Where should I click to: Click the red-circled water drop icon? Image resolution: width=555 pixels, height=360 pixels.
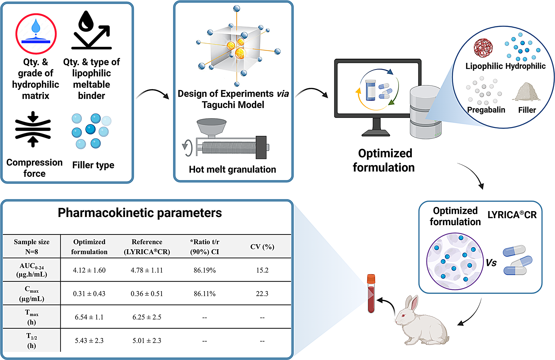point(36,34)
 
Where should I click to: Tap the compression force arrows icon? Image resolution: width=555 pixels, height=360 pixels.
point(33,129)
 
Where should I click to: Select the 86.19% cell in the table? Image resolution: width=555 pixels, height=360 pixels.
point(204,270)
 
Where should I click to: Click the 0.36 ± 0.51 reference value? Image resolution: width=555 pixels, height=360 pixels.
point(147,294)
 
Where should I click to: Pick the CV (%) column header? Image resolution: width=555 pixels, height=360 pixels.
point(262,247)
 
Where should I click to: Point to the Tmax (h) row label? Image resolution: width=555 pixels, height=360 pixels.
point(32,317)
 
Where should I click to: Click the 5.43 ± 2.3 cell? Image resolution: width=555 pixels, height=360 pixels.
point(89,341)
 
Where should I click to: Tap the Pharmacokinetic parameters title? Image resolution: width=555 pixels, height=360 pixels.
point(140,213)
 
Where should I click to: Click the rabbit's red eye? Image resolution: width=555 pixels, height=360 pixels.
point(403,315)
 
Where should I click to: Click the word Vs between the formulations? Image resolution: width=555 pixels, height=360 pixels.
point(491,263)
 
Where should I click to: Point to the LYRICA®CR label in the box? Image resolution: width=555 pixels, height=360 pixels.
point(512,215)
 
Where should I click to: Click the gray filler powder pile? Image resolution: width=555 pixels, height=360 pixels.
point(527,92)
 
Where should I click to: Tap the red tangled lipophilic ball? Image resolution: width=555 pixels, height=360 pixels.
point(483,48)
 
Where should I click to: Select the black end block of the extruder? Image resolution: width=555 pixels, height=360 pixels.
point(261,147)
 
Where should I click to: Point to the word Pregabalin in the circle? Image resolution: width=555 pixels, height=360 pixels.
point(486,110)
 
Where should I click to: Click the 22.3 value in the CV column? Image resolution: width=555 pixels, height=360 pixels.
point(262,294)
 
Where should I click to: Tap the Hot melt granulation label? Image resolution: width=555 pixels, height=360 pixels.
point(232,169)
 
